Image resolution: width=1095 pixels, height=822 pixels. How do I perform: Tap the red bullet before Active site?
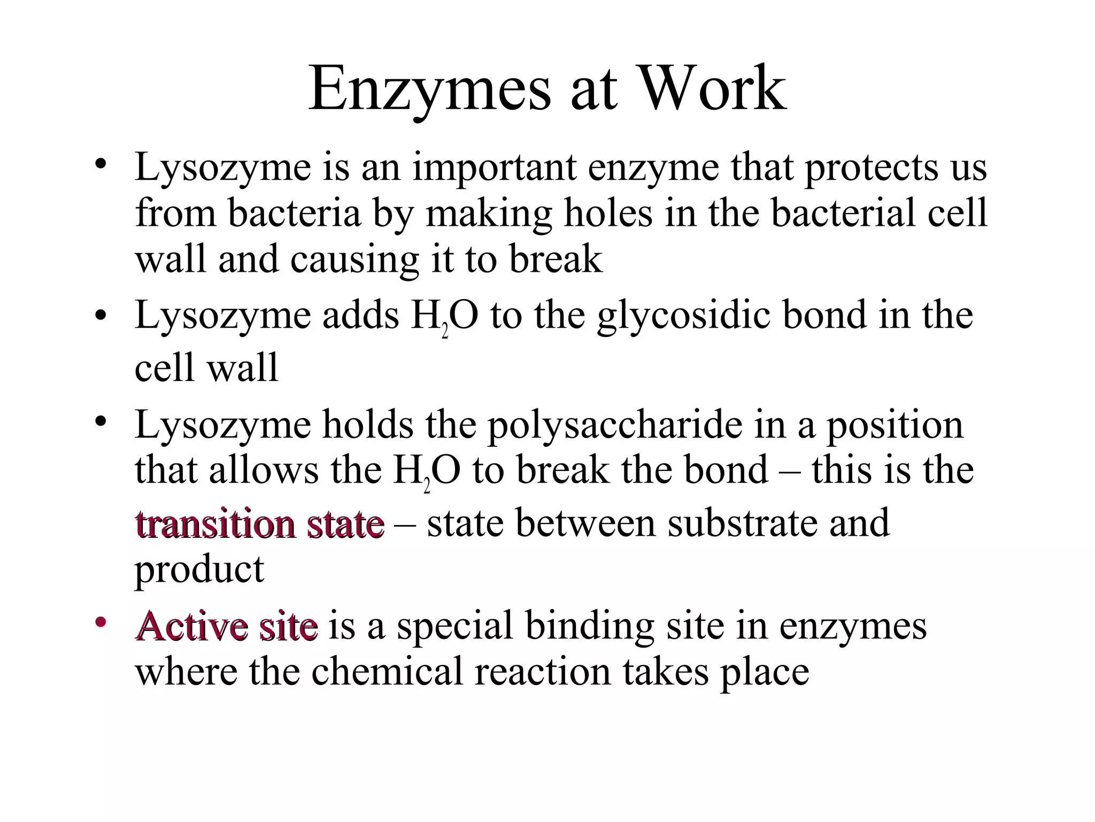pos(101,622)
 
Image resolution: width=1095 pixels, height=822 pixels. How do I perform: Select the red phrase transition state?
pos(260,523)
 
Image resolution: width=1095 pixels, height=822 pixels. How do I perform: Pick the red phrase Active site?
pos(227,626)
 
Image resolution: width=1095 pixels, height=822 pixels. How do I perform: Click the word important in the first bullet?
pos(495,167)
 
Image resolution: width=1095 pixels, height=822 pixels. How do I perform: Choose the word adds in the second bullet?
pos(360,316)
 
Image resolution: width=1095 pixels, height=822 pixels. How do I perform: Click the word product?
pos(199,569)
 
